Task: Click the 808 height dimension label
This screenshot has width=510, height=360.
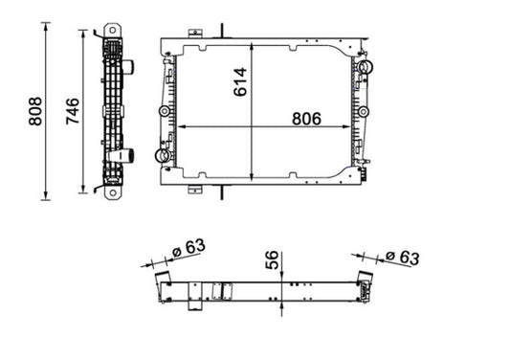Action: click(35, 111)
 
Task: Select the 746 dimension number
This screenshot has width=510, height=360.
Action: click(73, 111)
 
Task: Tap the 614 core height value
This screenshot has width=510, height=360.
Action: click(240, 82)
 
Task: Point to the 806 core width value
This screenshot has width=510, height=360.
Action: click(306, 119)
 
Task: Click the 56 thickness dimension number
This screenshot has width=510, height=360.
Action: click(273, 259)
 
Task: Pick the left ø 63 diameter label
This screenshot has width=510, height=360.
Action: click(188, 248)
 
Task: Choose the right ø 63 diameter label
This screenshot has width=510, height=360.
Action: click(402, 258)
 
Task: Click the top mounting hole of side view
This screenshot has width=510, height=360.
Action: click(113, 31)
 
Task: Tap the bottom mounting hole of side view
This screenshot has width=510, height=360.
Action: click(113, 192)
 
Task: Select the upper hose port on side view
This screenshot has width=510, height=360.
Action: click(128, 67)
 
